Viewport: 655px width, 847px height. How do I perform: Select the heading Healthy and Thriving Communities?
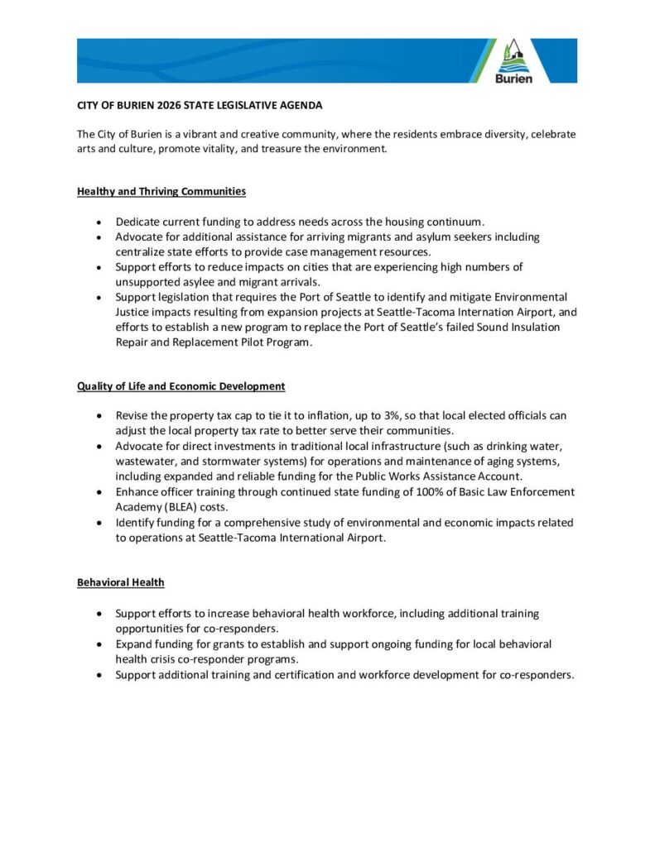tap(161, 191)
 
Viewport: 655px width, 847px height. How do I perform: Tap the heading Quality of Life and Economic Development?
tap(181, 386)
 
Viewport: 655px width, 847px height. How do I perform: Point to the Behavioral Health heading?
tap(121, 582)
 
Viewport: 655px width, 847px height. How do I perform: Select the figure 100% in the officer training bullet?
tap(421, 491)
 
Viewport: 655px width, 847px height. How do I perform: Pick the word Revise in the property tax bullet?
tap(132, 415)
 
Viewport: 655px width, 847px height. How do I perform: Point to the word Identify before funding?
tap(137, 523)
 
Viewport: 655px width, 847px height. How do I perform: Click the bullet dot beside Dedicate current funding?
tap(100, 223)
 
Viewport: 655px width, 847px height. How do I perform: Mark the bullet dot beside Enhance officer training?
tap(100, 492)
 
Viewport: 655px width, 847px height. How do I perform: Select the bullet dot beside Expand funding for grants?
tap(100, 644)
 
